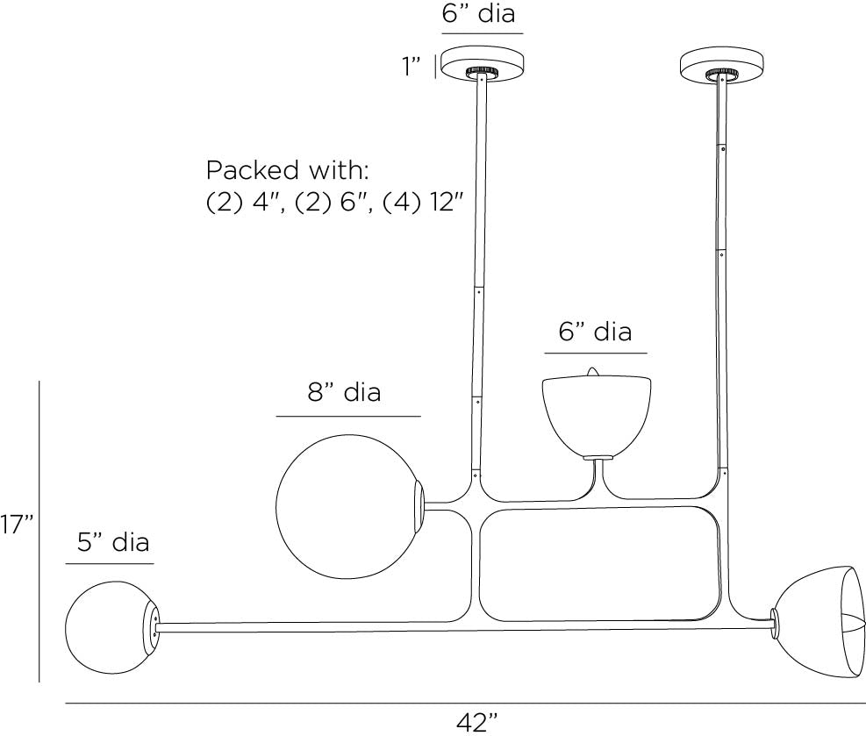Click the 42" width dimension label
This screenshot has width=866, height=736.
tap(476, 723)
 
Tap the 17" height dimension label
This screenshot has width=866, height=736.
tap(17, 525)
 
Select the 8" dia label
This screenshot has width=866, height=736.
tap(345, 392)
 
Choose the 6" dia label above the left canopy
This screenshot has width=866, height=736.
tap(478, 14)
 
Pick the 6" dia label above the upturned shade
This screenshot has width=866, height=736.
tap(595, 332)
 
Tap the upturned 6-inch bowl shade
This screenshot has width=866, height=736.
tap(596, 413)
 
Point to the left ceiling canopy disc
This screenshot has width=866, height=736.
tap(481, 64)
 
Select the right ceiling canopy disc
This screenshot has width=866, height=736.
tap(722, 64)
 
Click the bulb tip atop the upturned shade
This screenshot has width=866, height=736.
tap(594, 372)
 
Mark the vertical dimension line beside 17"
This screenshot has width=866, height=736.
tap(39, 531)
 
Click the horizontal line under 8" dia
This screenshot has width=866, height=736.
tap(348, 415)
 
